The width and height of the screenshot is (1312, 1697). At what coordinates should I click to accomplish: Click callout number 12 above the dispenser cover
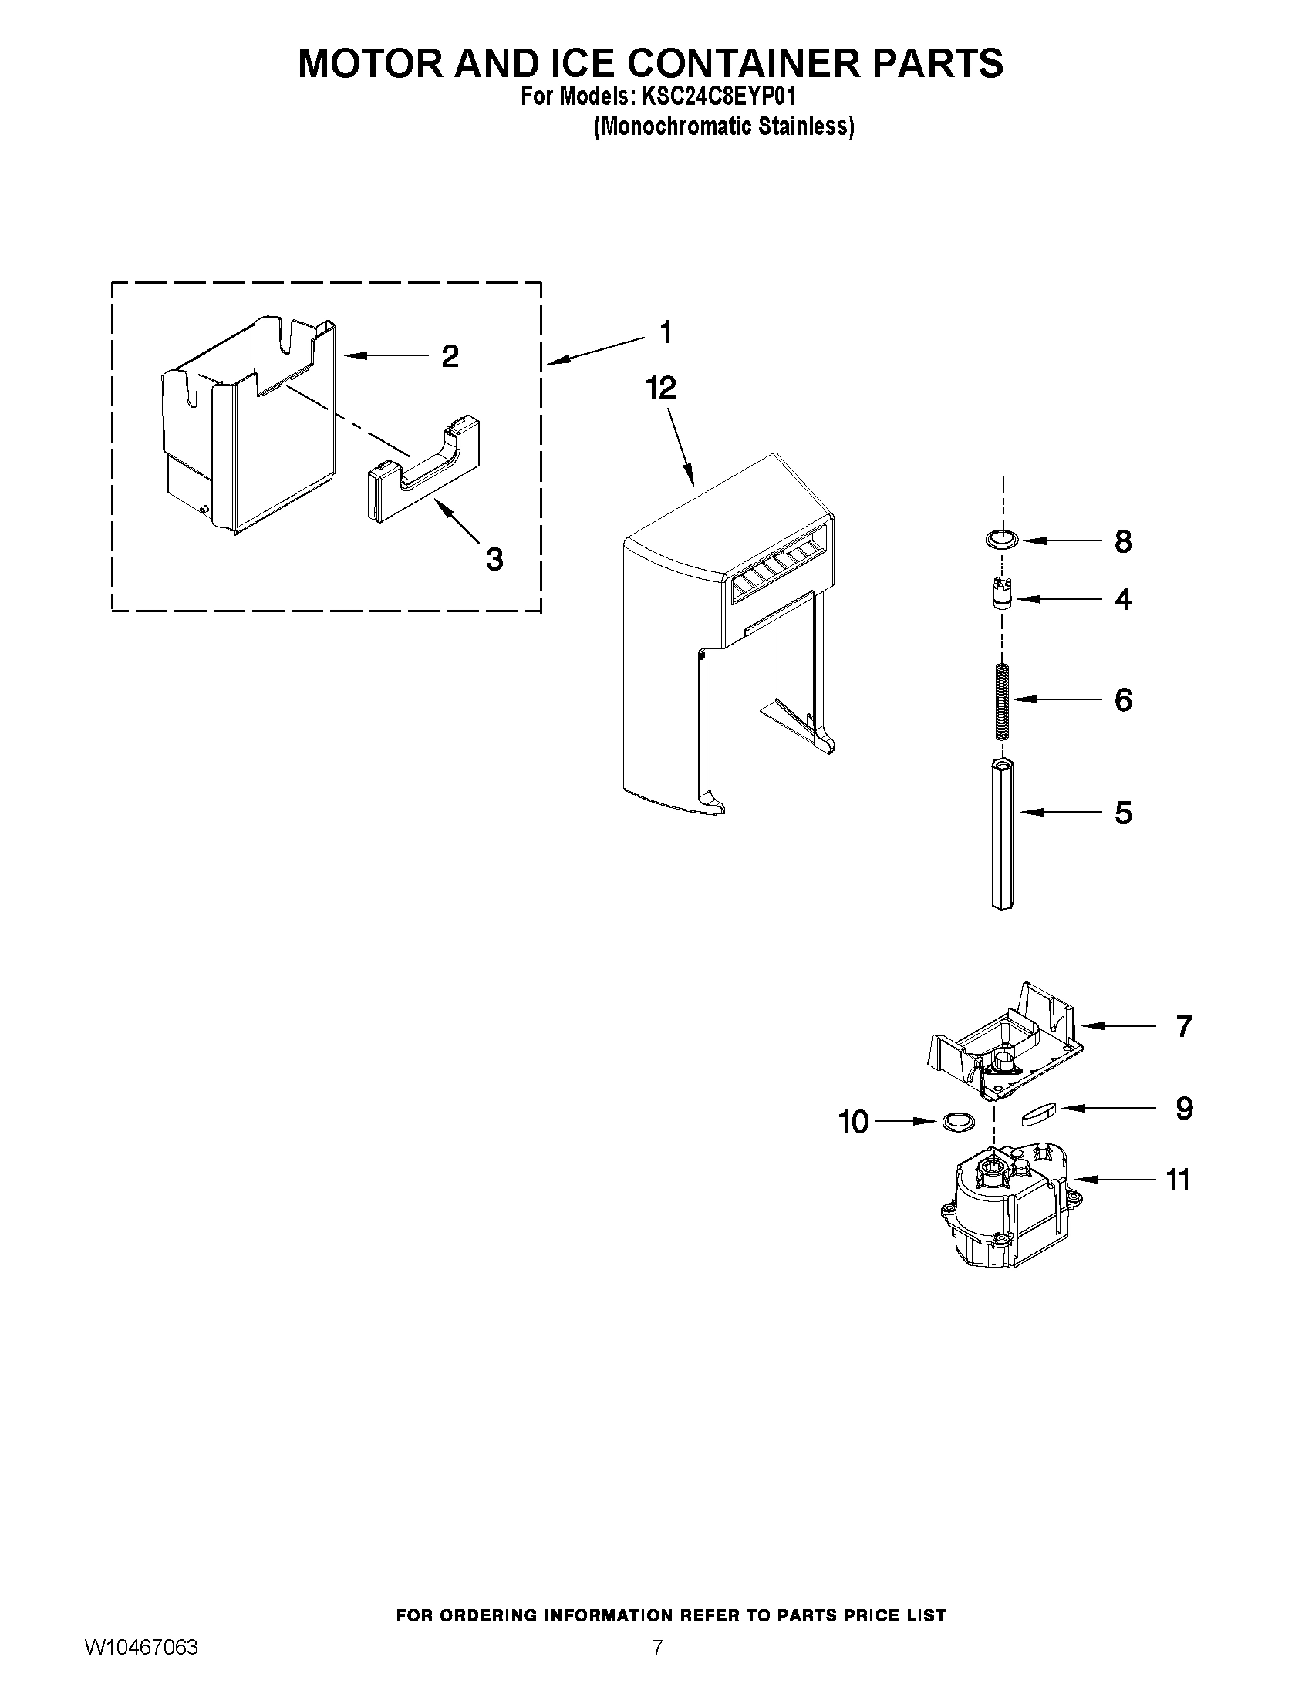662,389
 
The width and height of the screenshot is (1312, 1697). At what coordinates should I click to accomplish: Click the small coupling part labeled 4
1002,599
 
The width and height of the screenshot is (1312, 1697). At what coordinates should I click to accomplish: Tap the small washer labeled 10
958,1121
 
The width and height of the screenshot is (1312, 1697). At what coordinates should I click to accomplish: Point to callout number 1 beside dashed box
665,332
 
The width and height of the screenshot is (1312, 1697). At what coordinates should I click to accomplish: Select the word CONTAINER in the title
728,64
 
